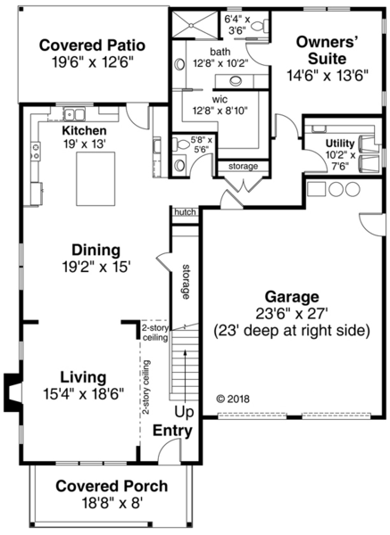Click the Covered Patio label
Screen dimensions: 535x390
(92, 45)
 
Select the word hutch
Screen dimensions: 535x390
(185, 212)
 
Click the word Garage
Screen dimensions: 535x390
(290, 296)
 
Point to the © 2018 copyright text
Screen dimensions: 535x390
(235, 399)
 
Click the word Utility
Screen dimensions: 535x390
(339, 142)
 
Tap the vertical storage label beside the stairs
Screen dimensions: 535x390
(185, 282)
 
